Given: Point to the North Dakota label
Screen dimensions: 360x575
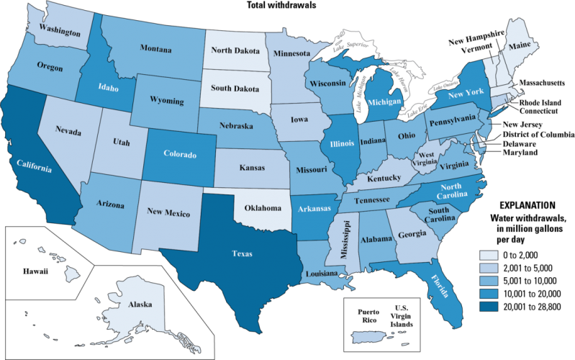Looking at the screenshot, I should pos(235,50).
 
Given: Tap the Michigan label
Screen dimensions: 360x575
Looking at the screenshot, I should pos(384,102).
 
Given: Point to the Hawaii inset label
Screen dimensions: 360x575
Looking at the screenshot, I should pos(35,271).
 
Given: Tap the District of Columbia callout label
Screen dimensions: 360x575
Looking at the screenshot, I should pos(538,134).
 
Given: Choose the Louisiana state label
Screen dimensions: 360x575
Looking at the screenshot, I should pos(317,274).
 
